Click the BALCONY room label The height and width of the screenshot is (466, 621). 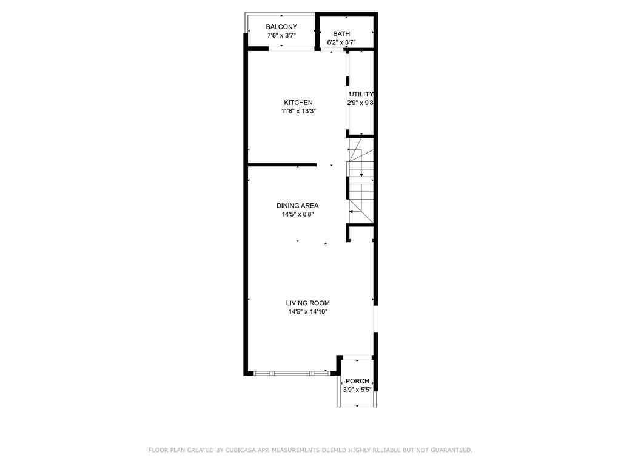click(281, 27)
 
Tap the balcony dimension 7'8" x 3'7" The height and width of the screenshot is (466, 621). click(281, 36)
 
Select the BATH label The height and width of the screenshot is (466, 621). click(341, 34)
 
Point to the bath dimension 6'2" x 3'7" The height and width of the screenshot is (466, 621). click(341, 42)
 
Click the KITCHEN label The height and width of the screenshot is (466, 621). click(298, 103)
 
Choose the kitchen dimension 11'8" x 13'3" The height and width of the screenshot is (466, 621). click(298, 112)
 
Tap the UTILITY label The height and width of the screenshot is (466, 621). click(361, 94)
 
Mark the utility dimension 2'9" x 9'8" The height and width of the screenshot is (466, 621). click(360, 103)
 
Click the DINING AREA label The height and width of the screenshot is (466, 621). click(297, 206)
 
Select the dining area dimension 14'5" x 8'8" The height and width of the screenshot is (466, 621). click(297, 214)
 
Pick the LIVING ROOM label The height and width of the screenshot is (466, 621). click(307, 303)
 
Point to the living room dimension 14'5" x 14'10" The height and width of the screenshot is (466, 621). click(307, 312)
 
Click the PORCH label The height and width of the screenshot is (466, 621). click(357, 381)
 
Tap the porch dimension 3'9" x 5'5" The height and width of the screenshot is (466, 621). click(357, 390)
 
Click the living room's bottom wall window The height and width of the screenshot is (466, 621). click(291, 373)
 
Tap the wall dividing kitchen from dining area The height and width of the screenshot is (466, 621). click(282, 164)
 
